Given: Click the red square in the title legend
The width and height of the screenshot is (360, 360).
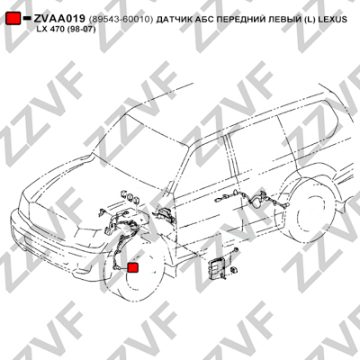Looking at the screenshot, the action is (13, 19).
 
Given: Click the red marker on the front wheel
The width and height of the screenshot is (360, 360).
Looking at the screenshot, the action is (132, 267).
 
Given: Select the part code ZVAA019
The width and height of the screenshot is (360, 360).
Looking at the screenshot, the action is (59, 19).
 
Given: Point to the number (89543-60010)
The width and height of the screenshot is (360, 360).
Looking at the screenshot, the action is (121, 20).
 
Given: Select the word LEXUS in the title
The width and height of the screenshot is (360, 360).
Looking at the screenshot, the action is (333, 20).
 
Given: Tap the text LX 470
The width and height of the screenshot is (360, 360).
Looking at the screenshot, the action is (52, 30).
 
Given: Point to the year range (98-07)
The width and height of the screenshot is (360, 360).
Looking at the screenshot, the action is (84, 30).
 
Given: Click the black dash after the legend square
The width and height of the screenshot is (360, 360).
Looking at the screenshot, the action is (27, 18).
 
